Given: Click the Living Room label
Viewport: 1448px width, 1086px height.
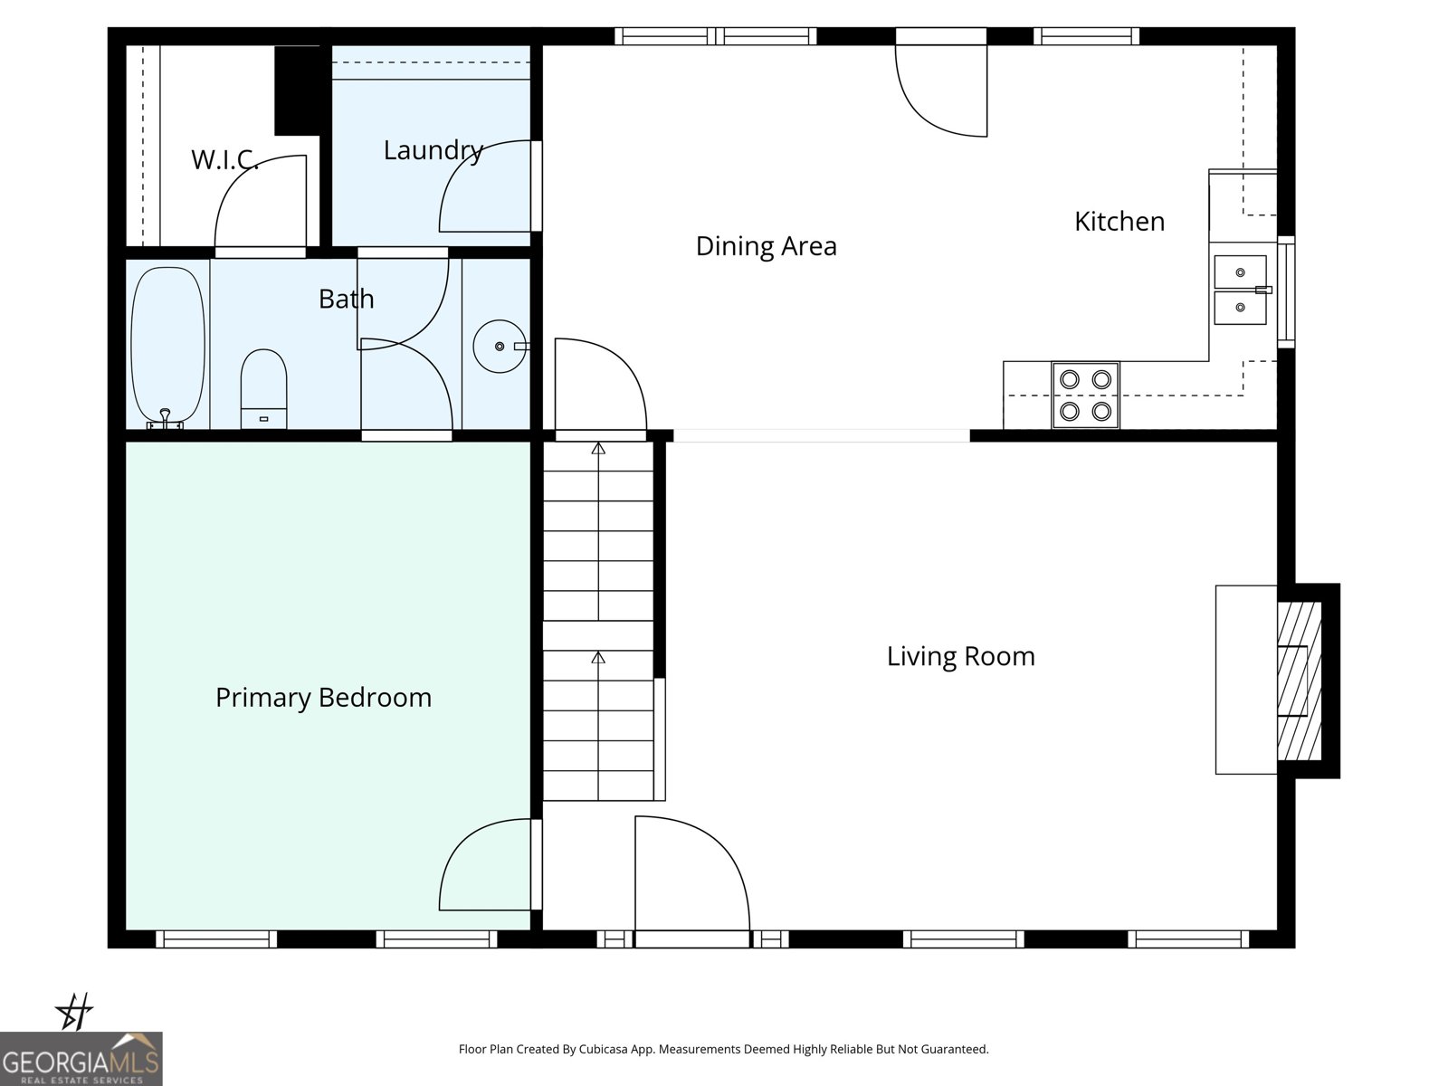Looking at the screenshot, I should (x=960, y=656).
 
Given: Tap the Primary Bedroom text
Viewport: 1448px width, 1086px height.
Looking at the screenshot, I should (x=323, y=698).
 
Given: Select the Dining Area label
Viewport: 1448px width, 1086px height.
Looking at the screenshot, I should (x=766, y=246).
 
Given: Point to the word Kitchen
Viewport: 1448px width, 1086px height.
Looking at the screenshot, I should (x=1119, y=222).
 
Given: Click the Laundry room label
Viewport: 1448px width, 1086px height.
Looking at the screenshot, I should (x=433, y=150).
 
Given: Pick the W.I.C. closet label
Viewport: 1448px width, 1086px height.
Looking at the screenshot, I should (x=224, y=160).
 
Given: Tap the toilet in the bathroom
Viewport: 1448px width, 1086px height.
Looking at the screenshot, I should (x=263, y=389).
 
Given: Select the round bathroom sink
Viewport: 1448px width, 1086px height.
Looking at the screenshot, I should (x=500, y=346).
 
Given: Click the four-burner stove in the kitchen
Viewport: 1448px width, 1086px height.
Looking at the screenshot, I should (x=1085, y=395).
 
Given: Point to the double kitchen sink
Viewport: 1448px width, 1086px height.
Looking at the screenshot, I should (x=1240, y=290).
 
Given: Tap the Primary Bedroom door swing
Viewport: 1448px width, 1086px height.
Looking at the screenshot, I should (x=484, y=864).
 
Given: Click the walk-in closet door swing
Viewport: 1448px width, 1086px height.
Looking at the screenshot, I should (x=260, y=201).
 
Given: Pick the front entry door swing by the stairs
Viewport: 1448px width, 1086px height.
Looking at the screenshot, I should (x=691, y=873).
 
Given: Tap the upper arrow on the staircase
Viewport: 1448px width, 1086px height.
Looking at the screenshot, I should (x=598, y=448).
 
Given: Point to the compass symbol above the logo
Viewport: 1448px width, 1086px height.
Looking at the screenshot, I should (x=74, y=1011).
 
